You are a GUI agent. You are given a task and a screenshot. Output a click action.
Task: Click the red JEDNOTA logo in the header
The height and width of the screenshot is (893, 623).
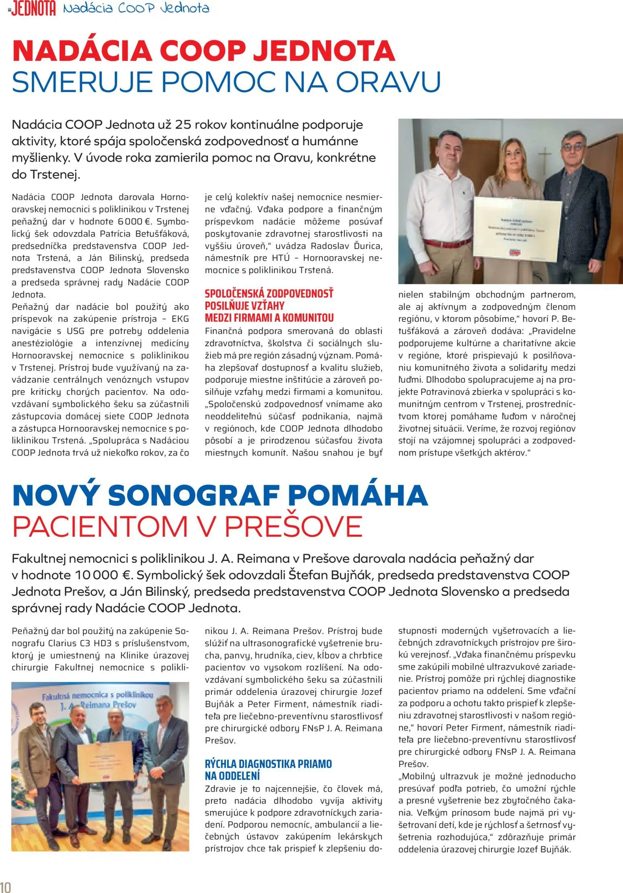point(33,9)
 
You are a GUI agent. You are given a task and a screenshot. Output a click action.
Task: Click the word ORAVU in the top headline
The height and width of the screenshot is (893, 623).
point(388,82)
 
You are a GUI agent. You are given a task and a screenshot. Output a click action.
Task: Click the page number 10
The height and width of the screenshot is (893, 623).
point(6,887)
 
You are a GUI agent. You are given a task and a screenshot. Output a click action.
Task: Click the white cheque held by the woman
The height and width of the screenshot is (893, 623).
point(517,227)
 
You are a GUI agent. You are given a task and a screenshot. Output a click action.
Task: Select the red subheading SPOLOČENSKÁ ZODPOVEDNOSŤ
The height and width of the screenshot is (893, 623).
point(269,294)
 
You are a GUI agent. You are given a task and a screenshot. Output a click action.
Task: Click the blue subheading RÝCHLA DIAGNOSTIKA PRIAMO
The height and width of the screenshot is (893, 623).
point(268,764)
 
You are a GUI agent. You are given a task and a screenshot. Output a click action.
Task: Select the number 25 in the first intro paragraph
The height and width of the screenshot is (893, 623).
point(183,125)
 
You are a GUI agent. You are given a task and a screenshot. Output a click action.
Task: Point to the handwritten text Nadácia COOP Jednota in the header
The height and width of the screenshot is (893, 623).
point(136,8)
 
